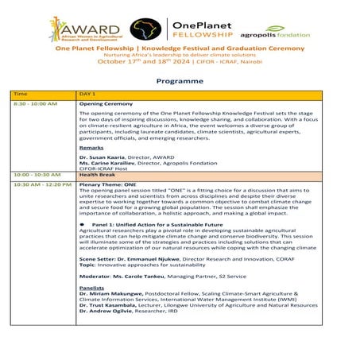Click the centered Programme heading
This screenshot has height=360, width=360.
[180, 80]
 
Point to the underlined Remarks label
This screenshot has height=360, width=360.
[91, 149]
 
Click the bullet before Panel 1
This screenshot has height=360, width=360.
[83, 226]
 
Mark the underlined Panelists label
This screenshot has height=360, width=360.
[92, 288]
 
